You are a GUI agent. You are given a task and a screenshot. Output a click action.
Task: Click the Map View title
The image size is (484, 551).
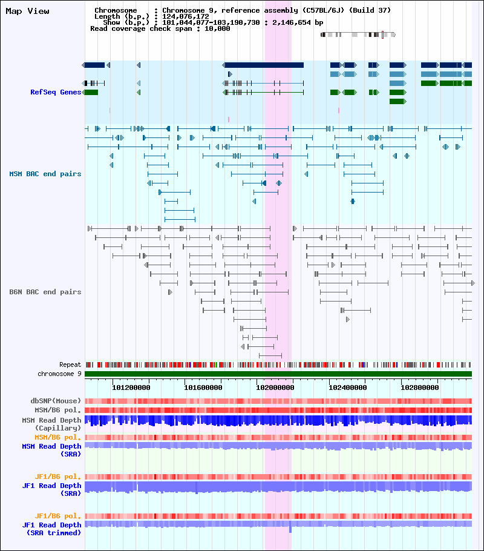(27, 12)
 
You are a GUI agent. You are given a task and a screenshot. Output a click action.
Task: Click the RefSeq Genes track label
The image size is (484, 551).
(56, 92)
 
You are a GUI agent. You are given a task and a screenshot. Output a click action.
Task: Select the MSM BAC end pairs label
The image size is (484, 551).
(45, 174)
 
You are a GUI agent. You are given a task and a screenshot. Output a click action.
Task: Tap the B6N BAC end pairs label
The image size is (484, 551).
(45, 292)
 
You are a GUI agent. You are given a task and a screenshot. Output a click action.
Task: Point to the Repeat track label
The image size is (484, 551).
(70, 365)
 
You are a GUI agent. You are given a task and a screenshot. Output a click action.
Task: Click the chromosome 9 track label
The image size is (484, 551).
(59, 374)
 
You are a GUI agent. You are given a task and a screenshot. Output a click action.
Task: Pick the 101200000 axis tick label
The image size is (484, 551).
(131, 388)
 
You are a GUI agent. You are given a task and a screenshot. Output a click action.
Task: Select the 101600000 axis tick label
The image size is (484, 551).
(203, 388)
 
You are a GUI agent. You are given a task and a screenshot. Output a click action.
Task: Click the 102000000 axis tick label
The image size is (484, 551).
(275, 388)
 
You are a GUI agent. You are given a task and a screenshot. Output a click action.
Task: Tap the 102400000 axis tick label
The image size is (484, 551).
(347, 388)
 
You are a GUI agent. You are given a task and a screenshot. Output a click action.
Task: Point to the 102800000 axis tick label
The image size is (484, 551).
(419, 388)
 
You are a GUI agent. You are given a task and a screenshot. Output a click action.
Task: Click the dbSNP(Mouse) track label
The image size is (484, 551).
(56, 401)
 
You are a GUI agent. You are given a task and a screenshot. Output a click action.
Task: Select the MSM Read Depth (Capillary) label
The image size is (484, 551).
(51, 424)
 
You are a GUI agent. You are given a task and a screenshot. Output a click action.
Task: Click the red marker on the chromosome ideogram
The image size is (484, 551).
(382, 35)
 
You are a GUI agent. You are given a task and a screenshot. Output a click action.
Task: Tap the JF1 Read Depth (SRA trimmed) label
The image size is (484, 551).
(51, 529)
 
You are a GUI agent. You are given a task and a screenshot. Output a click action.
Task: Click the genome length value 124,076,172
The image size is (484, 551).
(186, 16)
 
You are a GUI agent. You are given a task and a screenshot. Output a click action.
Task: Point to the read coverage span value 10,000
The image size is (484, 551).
(217, 29)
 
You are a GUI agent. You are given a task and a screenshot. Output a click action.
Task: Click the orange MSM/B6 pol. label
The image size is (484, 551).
(57, 438)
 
